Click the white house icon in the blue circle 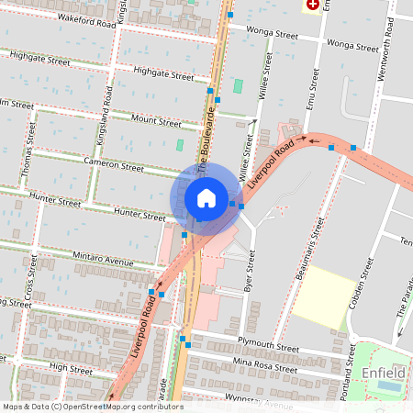tap(206, 198)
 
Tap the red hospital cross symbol tap(314, 5)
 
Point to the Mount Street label tap(157, 121)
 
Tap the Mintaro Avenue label tap(104, 261)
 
